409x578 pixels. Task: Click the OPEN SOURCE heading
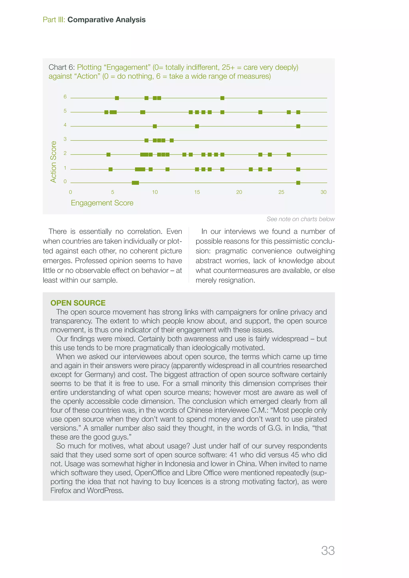point(78,303)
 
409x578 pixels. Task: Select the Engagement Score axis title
point(102,203)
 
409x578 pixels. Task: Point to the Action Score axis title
point(53,162)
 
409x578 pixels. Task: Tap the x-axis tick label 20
point(239,192)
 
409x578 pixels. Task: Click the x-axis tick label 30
point(323,192)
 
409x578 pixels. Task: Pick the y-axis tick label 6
point(65,97)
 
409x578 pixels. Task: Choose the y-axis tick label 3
point(65,139)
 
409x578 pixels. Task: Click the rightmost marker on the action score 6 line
point(222,98)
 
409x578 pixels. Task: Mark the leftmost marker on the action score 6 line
point(117,98)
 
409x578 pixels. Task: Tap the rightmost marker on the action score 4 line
point(298,126)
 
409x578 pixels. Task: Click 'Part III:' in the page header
point(54,20)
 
